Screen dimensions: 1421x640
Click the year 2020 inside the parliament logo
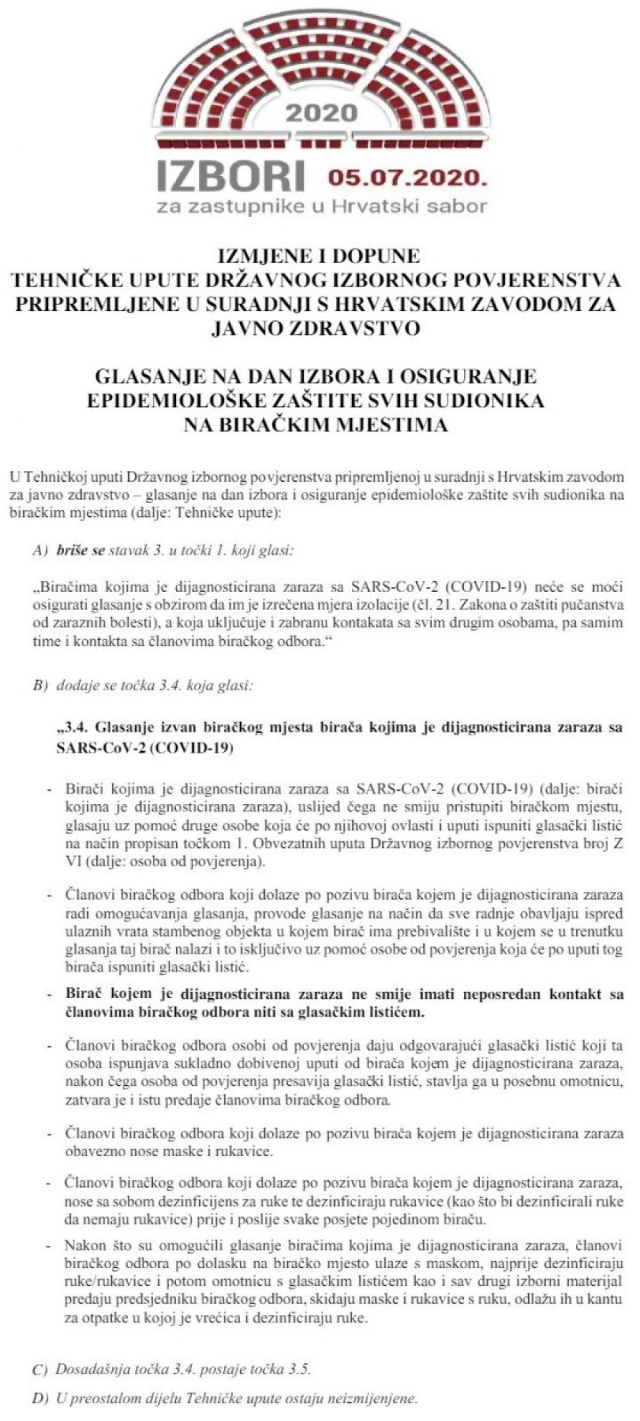(321, 113)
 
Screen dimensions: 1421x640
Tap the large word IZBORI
(234, 174)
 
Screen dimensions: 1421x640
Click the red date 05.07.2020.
(403, 177)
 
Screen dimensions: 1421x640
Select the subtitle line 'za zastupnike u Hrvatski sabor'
(324, 206)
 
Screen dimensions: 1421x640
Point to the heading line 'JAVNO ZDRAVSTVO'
(318, 328)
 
